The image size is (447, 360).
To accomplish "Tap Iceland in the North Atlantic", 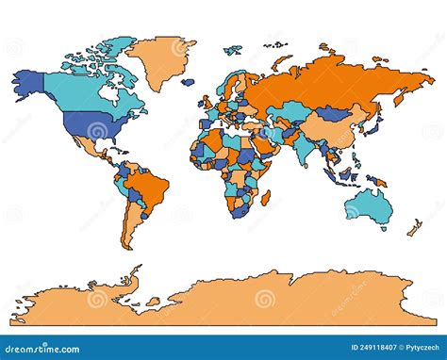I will pyautogui.click(x=189, y=82).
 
